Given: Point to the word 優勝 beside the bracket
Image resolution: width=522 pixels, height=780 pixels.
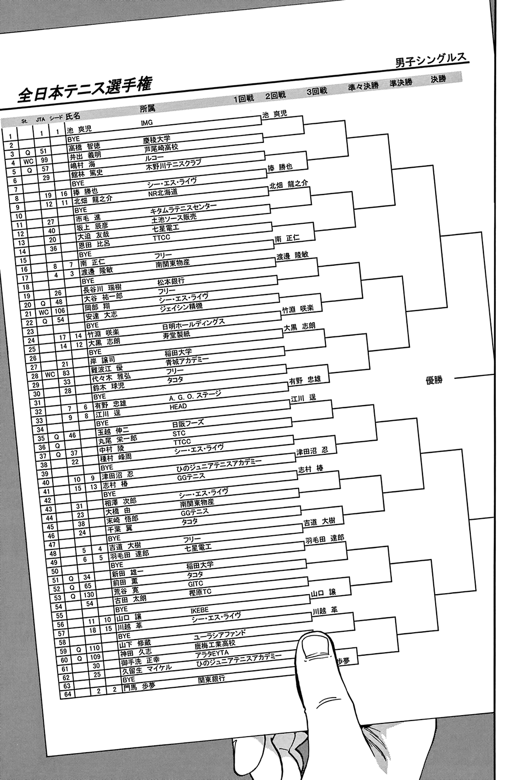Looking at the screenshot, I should pyautogui.click(x=434, y=380).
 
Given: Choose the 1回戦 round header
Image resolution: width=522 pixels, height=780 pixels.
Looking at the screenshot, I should pyautogui.click(x=243, y=99).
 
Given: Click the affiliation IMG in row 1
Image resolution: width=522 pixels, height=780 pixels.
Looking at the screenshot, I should pyautogui.click(x=146, y=123).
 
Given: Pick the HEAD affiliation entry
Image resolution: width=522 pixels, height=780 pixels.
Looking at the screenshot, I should pyautogui.click(x=178, y=406).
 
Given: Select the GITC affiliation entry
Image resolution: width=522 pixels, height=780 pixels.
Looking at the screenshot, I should pyautogui.click(x=195, y=584).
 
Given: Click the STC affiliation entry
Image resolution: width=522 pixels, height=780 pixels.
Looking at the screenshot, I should pyautogui.click(x=179, y=433).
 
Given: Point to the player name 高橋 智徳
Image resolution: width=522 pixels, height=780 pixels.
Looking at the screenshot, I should pyautogui.click(x=84, y=146).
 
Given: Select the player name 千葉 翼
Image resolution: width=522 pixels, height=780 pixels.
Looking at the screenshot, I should pyautogui.click(x=119, y=528).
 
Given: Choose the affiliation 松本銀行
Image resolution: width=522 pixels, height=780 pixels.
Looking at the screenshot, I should pyautogui.click(x=171, y=282).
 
